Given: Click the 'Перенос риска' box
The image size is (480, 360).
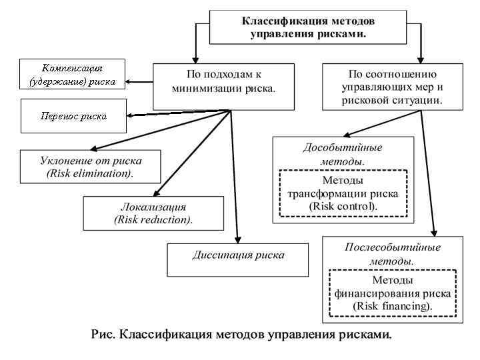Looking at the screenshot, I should point(73,115).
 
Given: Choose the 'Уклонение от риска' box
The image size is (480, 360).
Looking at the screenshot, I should point(90,167).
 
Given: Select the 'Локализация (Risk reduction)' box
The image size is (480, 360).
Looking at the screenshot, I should point(153,213).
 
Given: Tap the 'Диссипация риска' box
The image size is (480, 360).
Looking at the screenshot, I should point(238,259).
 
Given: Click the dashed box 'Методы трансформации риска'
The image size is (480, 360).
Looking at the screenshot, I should point(343,193).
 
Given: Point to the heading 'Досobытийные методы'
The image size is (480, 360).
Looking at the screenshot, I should point(343,154).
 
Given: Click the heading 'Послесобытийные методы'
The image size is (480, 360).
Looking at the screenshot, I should point(392,253).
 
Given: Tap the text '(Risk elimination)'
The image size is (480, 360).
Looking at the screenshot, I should point(90,174).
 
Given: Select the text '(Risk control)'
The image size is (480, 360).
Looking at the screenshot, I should point(343,206).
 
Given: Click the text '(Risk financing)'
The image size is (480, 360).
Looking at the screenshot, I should point(393,305).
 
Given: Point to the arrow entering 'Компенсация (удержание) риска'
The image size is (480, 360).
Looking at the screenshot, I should point(130,82).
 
